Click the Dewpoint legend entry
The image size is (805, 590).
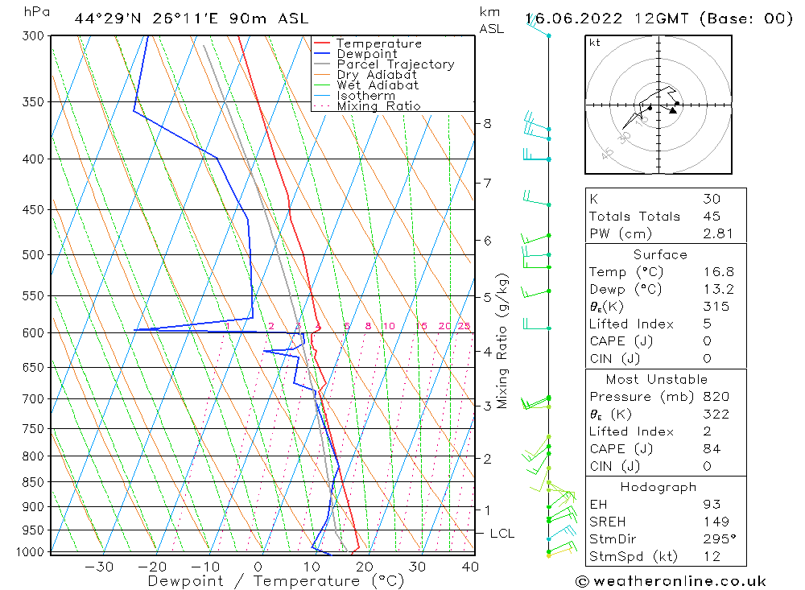[366, 54]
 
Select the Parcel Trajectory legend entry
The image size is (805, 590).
[395, 64]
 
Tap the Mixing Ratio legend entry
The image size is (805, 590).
[378, 106]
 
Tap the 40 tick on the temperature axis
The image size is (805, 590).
[469, 567]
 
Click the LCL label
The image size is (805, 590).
[502, 534]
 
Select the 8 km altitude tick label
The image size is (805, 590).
[488, 124]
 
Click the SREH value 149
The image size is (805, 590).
[714, 522]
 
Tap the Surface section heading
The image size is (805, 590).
[660, 255]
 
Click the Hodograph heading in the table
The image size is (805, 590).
[659, 487]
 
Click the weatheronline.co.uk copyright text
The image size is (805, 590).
[671, 581]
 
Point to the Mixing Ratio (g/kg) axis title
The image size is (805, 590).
[503, 340]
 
